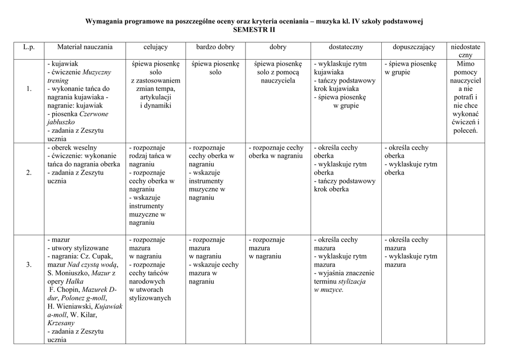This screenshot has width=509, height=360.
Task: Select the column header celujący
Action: tap(155, 47)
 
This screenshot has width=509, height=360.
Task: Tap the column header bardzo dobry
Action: tap(215, 47)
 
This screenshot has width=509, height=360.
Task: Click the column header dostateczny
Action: tap(345, 47)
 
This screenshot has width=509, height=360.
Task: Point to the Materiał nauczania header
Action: tap(85, 47)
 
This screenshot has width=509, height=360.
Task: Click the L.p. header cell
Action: tap(28, 47)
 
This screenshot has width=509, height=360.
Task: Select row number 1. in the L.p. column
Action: tap(29, 89)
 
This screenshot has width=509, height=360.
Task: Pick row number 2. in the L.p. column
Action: tap(29, 173)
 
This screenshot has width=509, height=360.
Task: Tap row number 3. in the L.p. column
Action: tap(29, 265)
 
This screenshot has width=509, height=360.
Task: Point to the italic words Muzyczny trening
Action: tap(80, 76)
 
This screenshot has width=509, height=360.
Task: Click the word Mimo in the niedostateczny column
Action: tap(465, 64)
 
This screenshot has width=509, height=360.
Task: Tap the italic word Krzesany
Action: tap(61, 323)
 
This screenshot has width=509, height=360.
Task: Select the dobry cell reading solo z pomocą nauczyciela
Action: tap(277, 72)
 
